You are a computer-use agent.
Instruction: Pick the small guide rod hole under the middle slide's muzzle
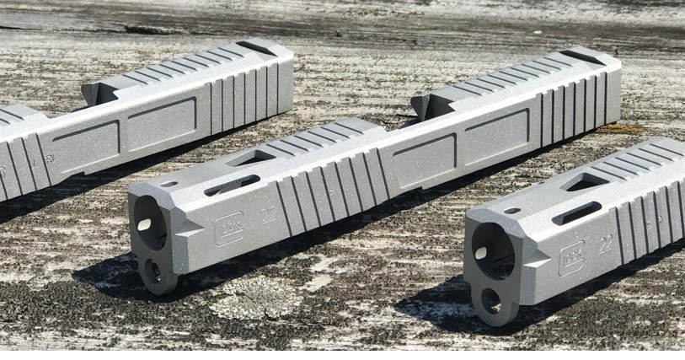(x=153, y=271)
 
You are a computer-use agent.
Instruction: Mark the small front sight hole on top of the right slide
(x=512, y=210)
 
